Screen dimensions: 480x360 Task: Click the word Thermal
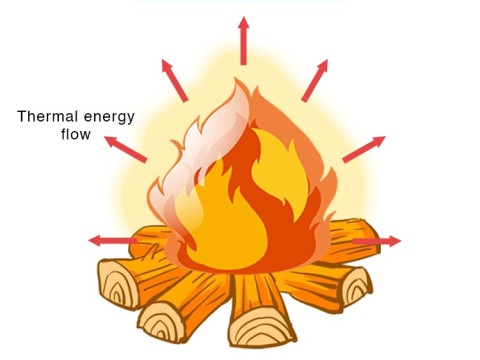click(x=47, y=116)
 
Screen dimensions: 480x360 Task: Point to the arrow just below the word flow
click(x=124, y=148)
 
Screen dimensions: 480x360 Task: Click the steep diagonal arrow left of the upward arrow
click(x=174, y=79)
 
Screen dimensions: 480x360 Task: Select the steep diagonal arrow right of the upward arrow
click(x=314, y=79)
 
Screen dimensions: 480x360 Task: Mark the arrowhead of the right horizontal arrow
click(x=393, y=241)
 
